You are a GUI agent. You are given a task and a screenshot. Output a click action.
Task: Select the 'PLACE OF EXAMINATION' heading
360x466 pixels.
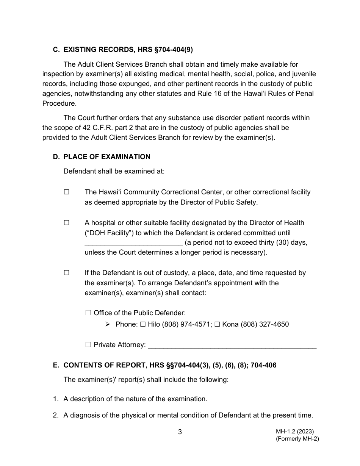point(107,157)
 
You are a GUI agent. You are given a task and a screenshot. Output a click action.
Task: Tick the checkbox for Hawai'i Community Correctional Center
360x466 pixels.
point(67,192)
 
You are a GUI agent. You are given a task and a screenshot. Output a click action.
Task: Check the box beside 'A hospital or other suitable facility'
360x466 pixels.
point(67,223)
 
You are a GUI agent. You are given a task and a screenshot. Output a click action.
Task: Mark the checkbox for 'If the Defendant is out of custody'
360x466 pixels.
point(67,273)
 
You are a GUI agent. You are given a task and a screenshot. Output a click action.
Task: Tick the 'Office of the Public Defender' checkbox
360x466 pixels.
point(88,313)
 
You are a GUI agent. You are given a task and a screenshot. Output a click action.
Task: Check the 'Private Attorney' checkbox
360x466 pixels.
point(88,345)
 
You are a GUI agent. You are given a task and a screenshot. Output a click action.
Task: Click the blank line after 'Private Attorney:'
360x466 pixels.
point(232,346)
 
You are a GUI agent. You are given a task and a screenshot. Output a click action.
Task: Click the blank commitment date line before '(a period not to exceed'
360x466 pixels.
point(134,243)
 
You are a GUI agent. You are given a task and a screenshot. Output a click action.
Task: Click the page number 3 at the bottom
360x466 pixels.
point(180,432)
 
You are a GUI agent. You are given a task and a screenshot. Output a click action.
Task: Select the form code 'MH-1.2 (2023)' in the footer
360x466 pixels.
point(294,431)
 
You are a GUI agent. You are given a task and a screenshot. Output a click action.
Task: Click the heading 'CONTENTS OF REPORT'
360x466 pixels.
point(170,366)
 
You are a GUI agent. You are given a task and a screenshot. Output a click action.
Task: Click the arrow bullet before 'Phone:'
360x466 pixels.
point(108,324)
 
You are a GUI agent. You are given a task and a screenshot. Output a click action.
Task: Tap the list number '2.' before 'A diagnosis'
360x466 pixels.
point(56,415)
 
